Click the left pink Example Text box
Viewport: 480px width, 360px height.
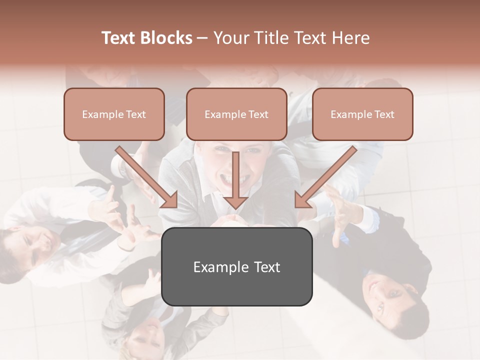(x=114, y=114)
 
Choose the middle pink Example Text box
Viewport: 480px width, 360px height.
(x=236, y=114)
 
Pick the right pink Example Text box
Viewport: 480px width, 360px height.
(x=362, y=114)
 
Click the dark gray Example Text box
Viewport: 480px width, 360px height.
(x=236, y=266)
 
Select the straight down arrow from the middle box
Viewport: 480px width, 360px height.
(x=235, y=180)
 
